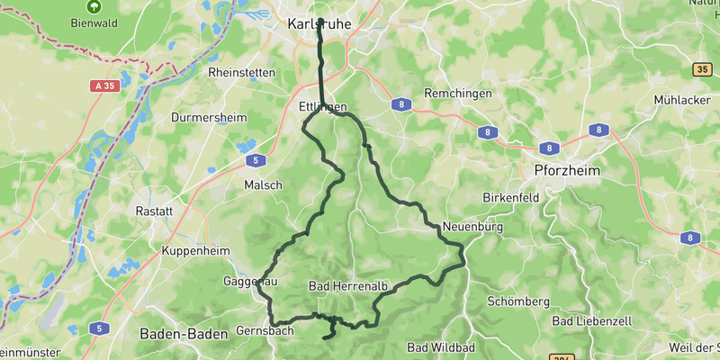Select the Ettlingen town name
coord(321,106)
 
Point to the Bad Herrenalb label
coord(347,287)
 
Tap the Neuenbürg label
coord(471,226)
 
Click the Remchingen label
coord(457,94)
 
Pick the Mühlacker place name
coord(686,100)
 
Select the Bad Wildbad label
coord(441,347)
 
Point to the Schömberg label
coord(517,301)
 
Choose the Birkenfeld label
coord(510,196)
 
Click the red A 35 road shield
coord(104,86)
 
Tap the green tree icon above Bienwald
coord(94,5)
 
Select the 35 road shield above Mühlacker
coord(703,69)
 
